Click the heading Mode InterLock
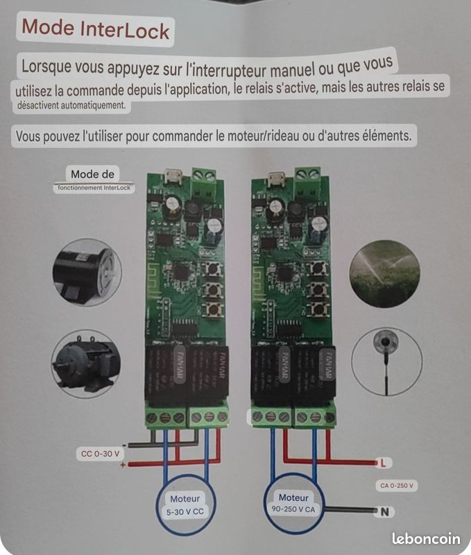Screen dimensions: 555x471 (x=95, y=29)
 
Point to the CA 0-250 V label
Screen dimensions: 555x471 (x=398, y=486)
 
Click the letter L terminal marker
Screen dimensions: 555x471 (x=381, y=463)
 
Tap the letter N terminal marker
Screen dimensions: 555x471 (x=382, y=513)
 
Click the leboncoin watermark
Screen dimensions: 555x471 (x=425, y=538)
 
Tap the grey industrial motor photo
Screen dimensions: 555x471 (x=85, y=363)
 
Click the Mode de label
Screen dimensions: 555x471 (x=92, y=174)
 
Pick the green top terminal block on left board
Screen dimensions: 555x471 (x=203, y=182)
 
